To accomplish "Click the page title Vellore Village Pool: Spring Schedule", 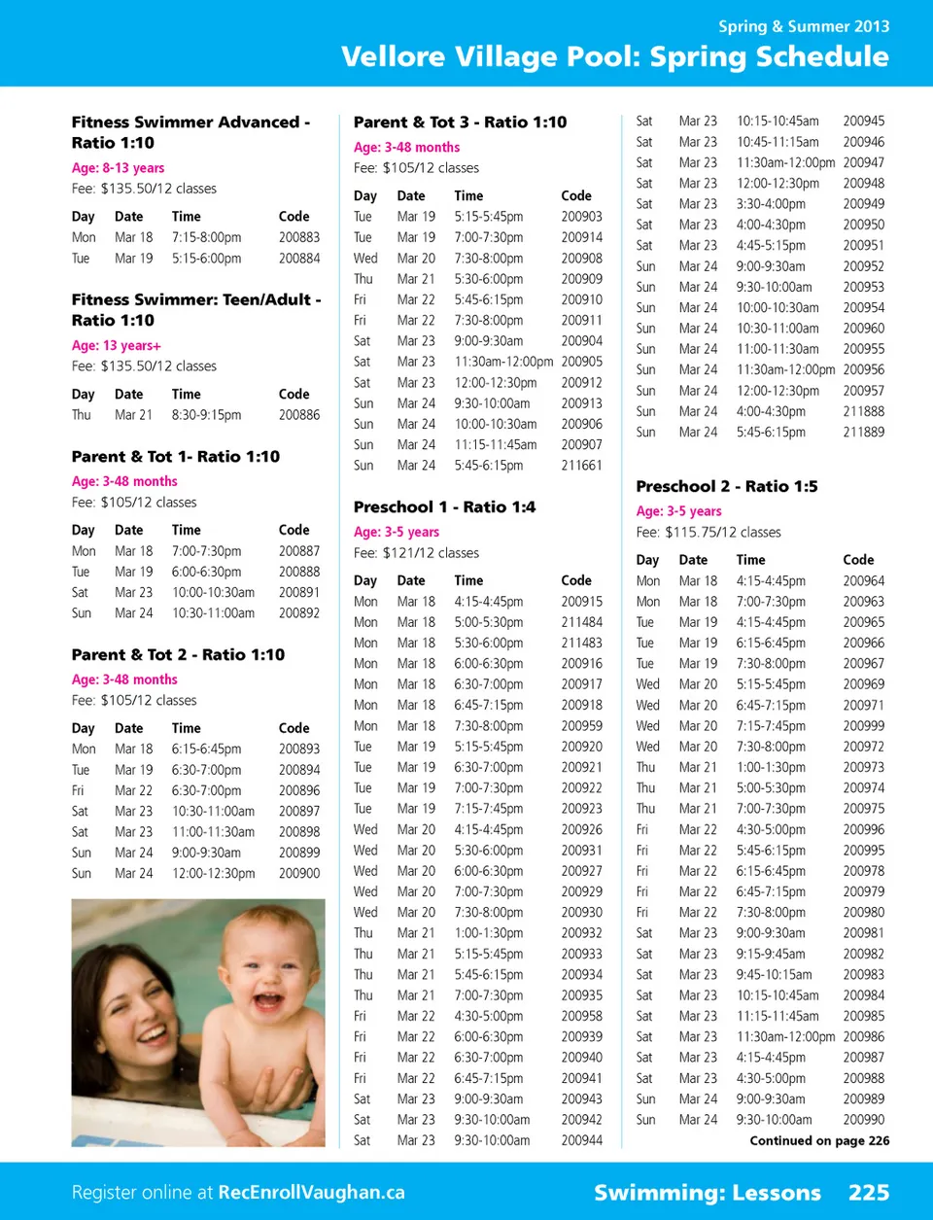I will [x=614, y=56].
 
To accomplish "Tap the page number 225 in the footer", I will [x=868, y=1193].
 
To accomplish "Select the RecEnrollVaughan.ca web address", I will [x=311, y=1193].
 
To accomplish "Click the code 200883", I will [x=298, y=237].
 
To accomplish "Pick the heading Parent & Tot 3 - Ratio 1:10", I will [x=460, y=122].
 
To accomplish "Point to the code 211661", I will [x=581, y=466].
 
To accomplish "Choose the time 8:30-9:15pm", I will [x=206, y=415].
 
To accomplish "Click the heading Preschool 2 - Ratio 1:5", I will [x=726, y=486].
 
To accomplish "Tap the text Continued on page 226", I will [x=819, y=1141].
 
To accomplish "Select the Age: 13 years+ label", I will [x=116, y=346].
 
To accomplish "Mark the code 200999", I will [x=863, y=726].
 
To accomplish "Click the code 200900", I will [x=298, y=874].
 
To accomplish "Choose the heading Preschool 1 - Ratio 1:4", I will [x=444, y=507].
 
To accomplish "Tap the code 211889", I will [x=863, y=433].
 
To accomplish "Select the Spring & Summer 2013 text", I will [x=803, y=26].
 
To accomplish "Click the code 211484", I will [x=581, y=622].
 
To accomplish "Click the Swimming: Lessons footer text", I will [x=707, y=1193].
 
